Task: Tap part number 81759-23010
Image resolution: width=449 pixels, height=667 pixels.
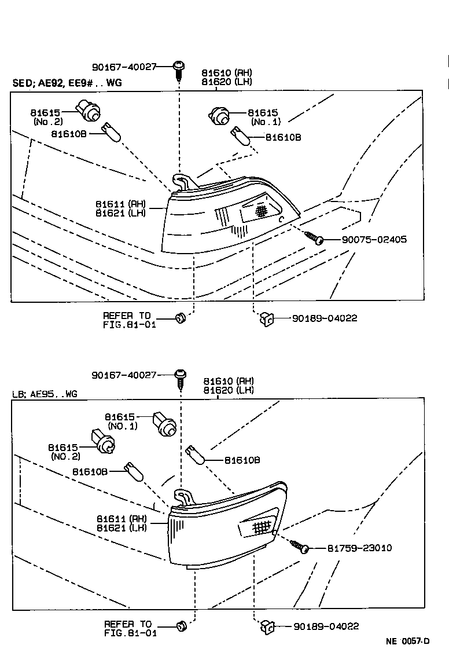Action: click(x=359, y=548)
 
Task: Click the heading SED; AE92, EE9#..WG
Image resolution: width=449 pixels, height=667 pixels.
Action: click(x=67, y=83)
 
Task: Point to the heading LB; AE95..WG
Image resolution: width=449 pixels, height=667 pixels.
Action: click(x=45, y=394)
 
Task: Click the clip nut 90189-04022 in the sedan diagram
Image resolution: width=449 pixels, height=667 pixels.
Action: click(x=267, y=318)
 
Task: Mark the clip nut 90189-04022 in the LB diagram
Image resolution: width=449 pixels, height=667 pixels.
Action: click(x=268, y=626)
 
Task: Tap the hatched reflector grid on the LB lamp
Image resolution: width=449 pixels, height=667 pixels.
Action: click(x=262, y=527)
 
